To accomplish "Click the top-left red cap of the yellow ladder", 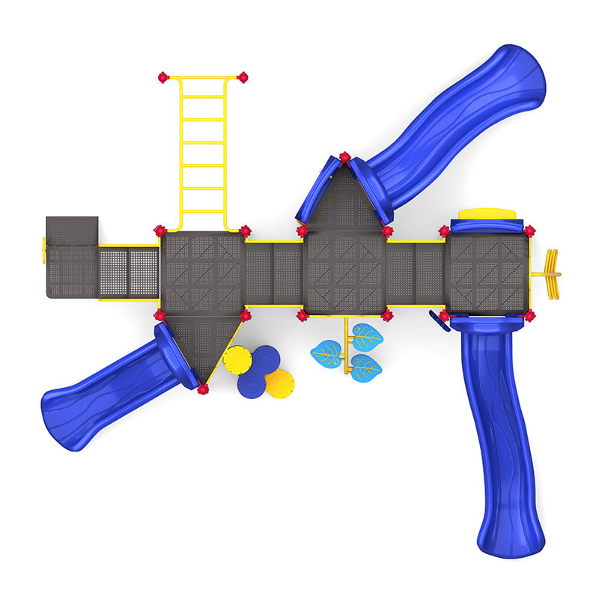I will coord(163,77).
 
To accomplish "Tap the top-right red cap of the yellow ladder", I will coord(242,77).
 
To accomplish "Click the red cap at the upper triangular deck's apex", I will coord(344,157).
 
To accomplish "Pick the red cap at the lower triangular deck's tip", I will coord(203,389).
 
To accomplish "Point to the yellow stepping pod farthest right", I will coord(280,383).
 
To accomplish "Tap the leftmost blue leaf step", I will coord(326,351).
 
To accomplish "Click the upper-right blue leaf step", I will coord(367,337).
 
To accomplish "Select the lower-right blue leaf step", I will coord(365,368).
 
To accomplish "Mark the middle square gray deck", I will coord(345,273).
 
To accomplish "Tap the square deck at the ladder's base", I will coord(203,273).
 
